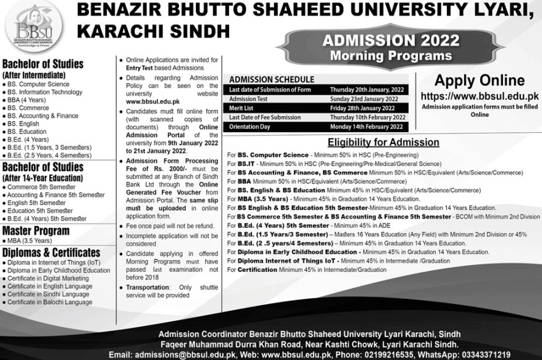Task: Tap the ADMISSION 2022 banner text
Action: click(x=390, y=41)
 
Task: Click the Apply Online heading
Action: click(x=479, y=80)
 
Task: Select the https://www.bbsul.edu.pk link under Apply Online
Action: click(x=480, y=96)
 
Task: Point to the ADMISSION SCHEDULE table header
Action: click(x=272, y=80)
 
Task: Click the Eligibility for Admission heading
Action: click(x=383, y=142)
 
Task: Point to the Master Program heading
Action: click(x=38, y=230)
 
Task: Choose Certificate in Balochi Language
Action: click(x=49, y=302)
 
